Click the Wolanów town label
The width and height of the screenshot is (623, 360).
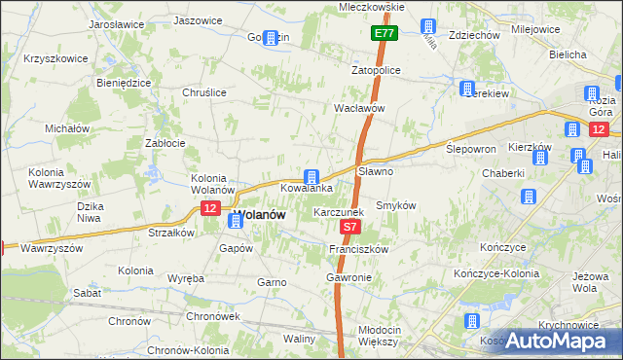[x=259, y=215]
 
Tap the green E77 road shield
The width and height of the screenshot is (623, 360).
[x=384, y=34]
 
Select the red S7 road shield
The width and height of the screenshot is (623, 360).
[x=351, y=227]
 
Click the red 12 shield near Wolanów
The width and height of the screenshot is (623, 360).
[x=210, y=208]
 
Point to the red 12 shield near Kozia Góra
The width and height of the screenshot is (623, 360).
[x=598, y=128]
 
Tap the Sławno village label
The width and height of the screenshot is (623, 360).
[x=376, y=171]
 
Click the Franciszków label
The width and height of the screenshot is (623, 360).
[x=359, y=249]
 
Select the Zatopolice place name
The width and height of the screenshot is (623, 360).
[x=377, y=71]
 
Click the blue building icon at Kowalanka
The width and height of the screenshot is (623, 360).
[x=311, y=176]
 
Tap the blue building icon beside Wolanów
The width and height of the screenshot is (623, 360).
[x=235, y=222]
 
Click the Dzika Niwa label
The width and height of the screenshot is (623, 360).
[x=91, y=212]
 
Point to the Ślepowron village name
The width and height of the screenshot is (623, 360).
[x=471, y=149]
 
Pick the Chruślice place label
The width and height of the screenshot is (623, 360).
[x=204, y=92]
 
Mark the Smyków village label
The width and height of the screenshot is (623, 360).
[x=396, y=206]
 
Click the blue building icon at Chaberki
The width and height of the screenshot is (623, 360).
[x=529, y=197]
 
